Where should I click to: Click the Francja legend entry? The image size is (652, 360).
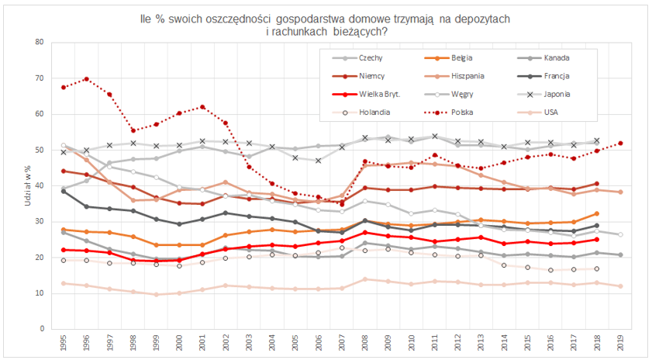pos(559,76)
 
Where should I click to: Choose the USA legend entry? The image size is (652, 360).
pos(553,112)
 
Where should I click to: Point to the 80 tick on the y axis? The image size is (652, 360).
pos(39,42)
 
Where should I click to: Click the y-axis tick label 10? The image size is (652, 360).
pos(39,293)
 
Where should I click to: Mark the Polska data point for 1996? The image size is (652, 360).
pos(86,79)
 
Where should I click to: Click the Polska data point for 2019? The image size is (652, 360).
pos(620,143)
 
